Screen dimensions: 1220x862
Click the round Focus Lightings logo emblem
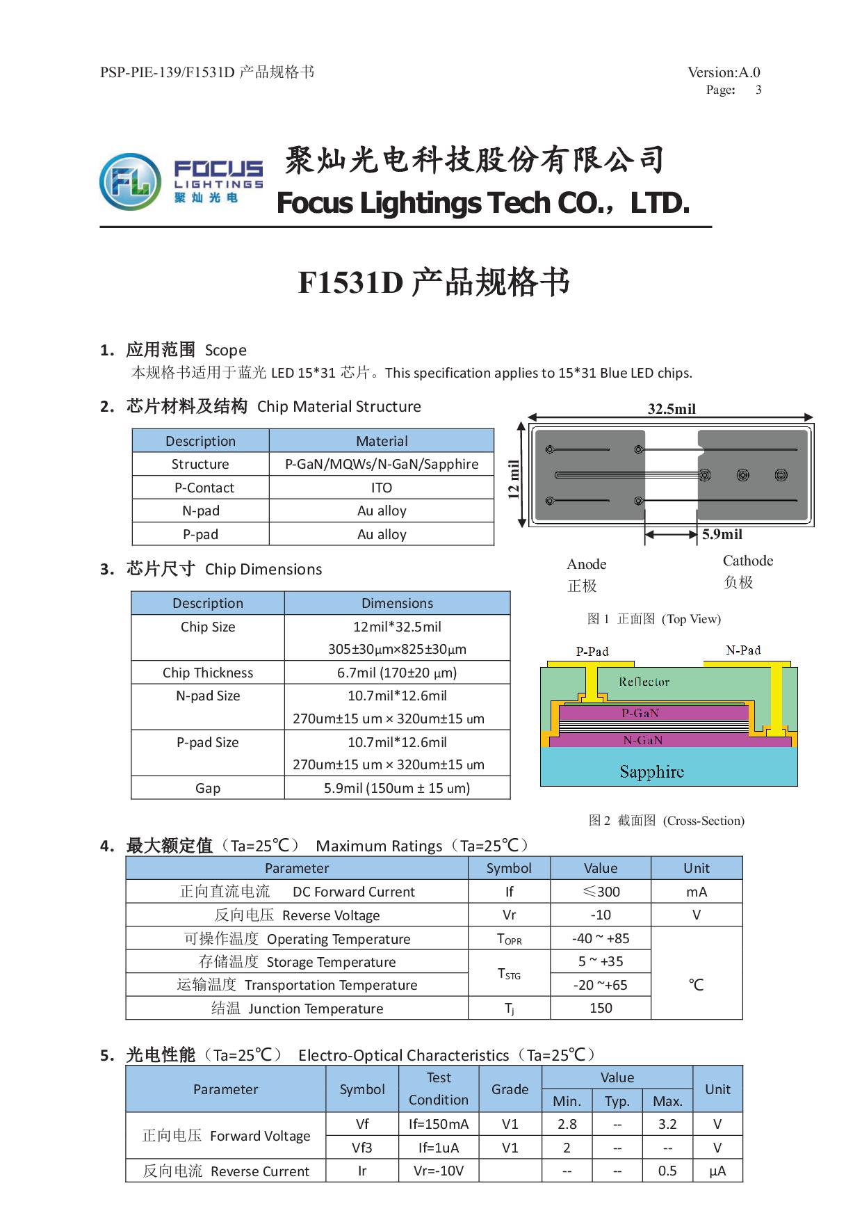pyautogui.click(x=130, y=182)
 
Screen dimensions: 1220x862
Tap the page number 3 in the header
pyautogui.click(x=758, y=90)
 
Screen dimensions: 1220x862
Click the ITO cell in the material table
pyautogui.click(x=382, y=488)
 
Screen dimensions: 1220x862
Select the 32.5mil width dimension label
pyautogui.click(x=672, y=409)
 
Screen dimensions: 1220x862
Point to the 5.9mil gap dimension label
pyautogui.click(x=722, y=534)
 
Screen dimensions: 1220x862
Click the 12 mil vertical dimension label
pyautogui.click(x=514, y=480)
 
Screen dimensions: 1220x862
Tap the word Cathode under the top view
pyautogui.click(x=748, y=561)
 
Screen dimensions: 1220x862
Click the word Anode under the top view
pyautogui.click(x=587, y=564)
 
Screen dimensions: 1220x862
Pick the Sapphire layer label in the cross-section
pyautogui.click(x=652, y=771)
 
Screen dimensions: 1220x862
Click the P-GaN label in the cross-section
pyautogui.click(x=640, y=713)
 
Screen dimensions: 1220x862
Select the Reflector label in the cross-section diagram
pyautogui.click(x=644, y=682)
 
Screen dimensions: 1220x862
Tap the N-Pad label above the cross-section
pyautogui.click(x=743, y=650)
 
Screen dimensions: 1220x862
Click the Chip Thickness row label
pyautogui.click(x=208, y=673)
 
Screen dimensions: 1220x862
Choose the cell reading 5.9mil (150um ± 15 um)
pyautogui.click(x=397, y=788)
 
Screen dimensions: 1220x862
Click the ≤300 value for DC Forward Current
pyautogui.click(x=601, y=892)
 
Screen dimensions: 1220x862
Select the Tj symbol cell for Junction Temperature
pyautogui.click(x=510, y=1009)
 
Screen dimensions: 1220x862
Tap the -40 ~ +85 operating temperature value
pyautogui.click(x=601, y=938)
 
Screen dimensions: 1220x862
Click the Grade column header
pyautogui.click(x=510, y=1089)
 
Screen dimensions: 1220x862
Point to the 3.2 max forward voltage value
pyautogui.click(x=667, y=1124)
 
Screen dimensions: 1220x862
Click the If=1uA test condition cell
pyautogui.click(x=439, y=1148)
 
